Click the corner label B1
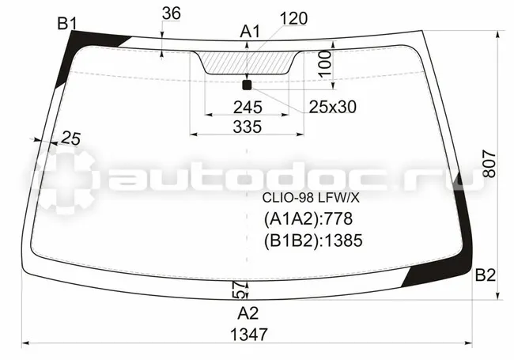pos(67,24)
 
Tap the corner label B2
pos(486,275)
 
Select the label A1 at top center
pos(250,32)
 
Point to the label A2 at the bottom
pos(248,313)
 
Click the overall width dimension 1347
pos(249,335)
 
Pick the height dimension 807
pos(489,164)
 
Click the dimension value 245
pos(248,108)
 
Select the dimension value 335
pos(248,127)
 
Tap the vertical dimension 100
pos(325,63)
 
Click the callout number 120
pos(293,19)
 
